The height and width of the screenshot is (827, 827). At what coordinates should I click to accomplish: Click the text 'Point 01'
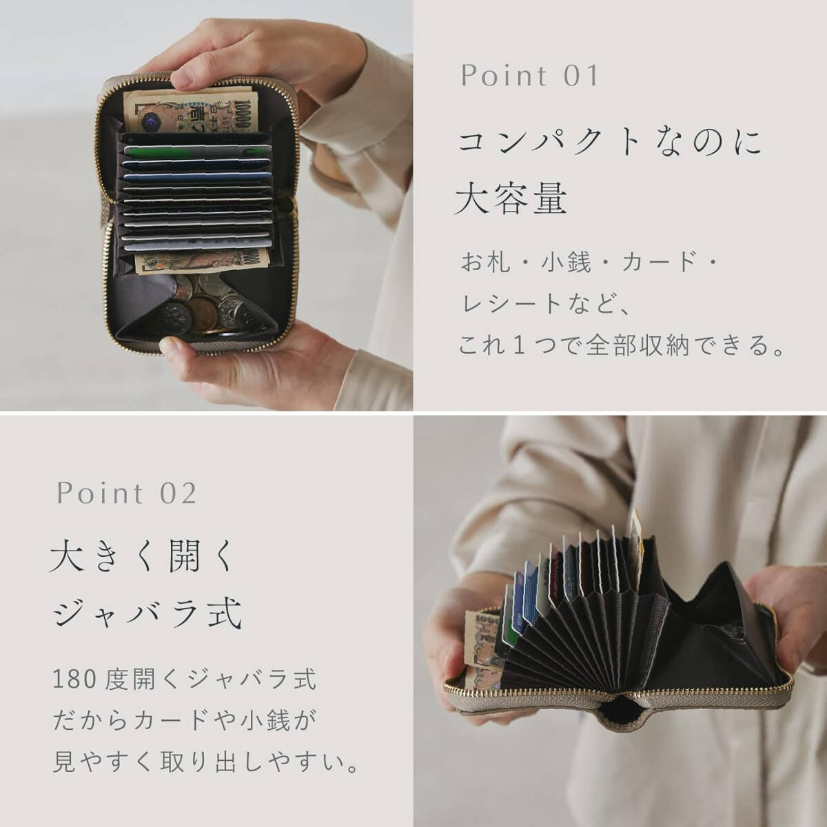(529, 76)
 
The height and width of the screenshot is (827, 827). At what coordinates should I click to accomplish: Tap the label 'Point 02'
(127, 493)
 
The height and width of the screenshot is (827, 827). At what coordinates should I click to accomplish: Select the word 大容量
(511, 198)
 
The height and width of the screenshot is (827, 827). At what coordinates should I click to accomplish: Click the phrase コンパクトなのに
(611, 143)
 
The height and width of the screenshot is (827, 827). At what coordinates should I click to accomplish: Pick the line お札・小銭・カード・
(590, 263)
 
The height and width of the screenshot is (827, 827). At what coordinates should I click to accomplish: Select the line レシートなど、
(544, 303)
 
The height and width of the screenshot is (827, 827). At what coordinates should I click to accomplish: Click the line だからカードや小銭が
(185, 721)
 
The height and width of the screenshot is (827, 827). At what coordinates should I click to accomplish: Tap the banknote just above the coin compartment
(203, 261)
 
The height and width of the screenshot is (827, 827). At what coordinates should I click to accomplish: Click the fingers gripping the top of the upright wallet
(227, 62)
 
